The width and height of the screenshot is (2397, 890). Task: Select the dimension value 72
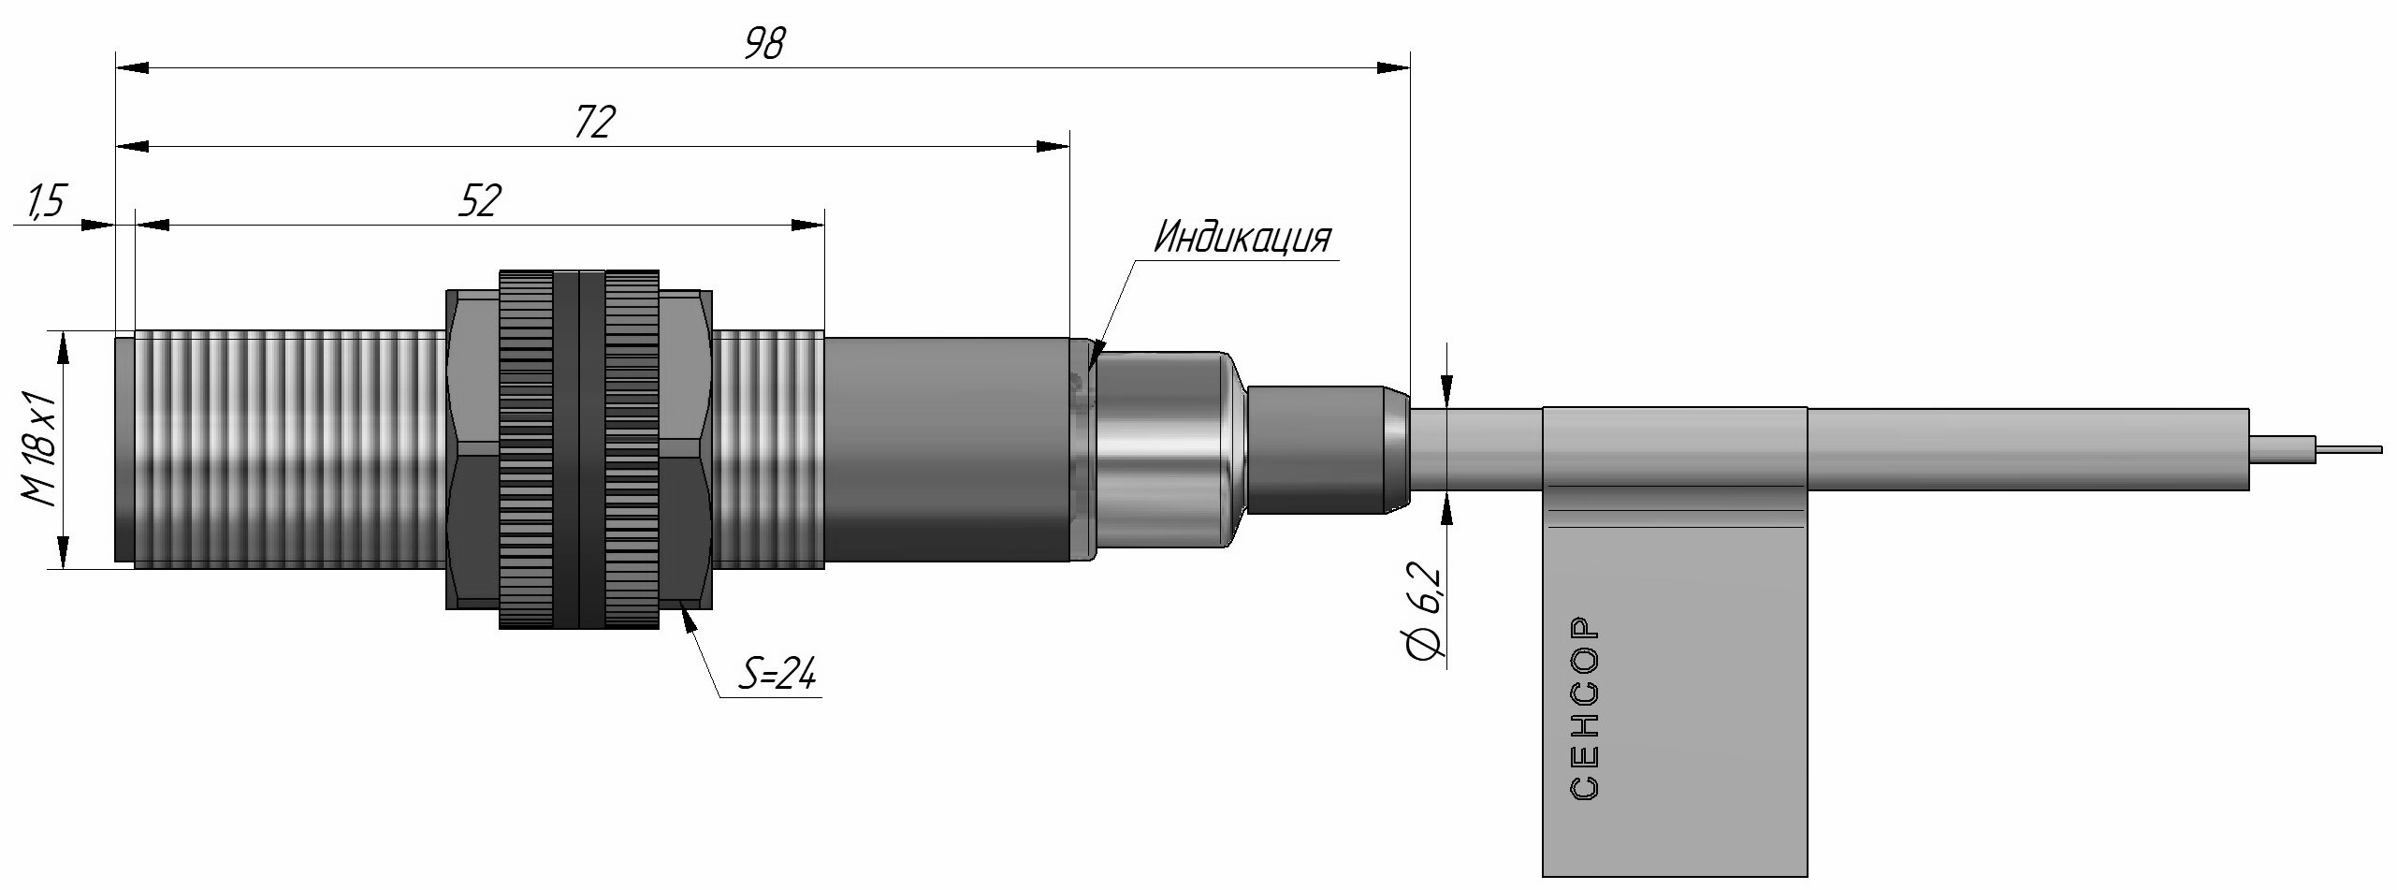pos(593,123)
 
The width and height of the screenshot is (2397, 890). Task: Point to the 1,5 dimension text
pos(44,203)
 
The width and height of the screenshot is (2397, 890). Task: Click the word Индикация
pos(1241,239)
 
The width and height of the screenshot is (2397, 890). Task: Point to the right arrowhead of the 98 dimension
pos(1394,67)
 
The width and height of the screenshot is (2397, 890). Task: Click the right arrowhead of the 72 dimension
pos(1053,146)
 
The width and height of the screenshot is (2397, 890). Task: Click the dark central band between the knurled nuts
pos(579,449)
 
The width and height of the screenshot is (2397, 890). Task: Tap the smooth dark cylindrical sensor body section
pos(945,449)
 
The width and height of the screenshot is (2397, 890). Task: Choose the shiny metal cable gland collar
pos(1160,449)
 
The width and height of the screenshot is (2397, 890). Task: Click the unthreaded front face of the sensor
pos(123,449)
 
